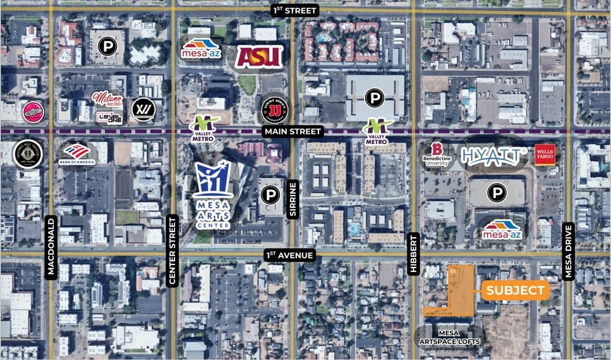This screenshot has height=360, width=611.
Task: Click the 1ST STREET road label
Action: click(x=295, y=10)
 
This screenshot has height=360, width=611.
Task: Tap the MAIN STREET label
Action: click(x=292, y=132)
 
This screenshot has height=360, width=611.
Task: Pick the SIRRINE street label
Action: click(x=292, y=199)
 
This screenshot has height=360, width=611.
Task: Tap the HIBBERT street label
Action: click(x=414, y=254)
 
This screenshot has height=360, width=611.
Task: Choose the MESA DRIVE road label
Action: click(x=568, y=251)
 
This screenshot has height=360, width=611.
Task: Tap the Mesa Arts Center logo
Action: click(x=213, y=192)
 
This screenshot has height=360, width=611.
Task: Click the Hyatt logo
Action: click(x=494, y=156)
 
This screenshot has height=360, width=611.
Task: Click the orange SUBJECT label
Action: click(x=515, y=290)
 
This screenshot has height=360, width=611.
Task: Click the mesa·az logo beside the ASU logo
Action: click(x=201, y=49)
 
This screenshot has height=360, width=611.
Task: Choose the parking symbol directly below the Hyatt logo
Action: click(x=496, y=193)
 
